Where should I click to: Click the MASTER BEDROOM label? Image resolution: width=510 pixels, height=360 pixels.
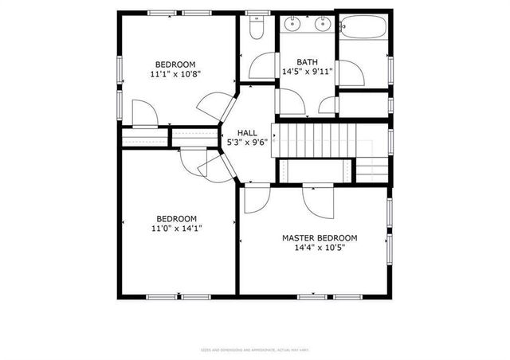[320, 238]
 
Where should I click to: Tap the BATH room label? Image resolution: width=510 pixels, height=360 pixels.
[307, 61]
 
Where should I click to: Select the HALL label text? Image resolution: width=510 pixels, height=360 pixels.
[247, 133]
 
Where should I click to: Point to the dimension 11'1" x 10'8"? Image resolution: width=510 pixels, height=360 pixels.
[175, 74]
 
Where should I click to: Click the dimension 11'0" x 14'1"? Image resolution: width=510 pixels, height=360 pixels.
[175, 228]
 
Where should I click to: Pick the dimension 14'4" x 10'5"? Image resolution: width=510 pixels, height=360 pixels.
[320, 248]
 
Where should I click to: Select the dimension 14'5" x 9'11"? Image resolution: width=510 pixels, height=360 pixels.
[307, 71]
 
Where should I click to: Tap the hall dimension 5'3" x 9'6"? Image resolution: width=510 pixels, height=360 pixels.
[247, 143]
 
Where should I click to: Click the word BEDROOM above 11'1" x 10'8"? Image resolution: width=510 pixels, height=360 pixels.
[175, 65]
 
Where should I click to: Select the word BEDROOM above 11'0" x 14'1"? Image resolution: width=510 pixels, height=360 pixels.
[175, 218]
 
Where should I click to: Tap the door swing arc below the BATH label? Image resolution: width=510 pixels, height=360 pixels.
[291, 100]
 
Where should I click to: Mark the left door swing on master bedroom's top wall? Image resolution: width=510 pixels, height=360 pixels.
[257, 199]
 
